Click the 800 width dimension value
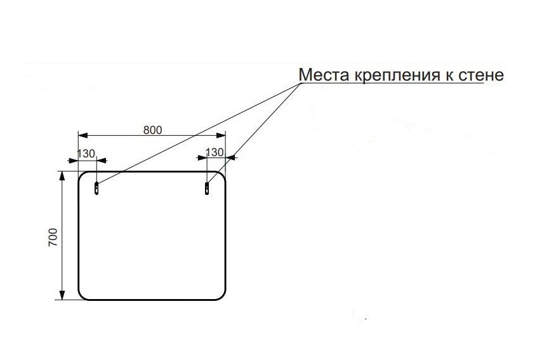point(153,130)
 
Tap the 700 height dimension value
point(53,237)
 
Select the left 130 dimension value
point(86,154)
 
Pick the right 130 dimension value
point(215,152)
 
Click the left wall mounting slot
point(96,188)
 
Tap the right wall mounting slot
point(207,188)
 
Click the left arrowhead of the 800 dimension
point(83,135)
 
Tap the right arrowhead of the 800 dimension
point(222,135)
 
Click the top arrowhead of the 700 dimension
point(62,176)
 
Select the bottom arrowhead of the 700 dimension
point(62,295)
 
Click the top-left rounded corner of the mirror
point(81,175)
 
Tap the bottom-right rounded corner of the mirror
point(223,297)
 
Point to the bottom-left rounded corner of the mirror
point(81,297)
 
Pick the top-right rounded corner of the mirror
point(223,175)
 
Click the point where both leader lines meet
point(300,84)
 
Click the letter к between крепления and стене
point(449,76)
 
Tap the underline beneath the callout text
point(392,84)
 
